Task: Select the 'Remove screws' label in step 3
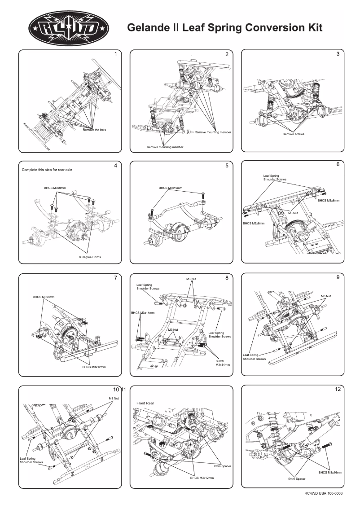294,134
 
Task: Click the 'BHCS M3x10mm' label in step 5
170,188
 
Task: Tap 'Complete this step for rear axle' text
47,170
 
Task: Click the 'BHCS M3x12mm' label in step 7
94,367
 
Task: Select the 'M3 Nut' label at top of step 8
191,279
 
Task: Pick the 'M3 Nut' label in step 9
326,296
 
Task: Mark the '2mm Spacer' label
223,466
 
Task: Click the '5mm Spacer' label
297,479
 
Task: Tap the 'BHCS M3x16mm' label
330,473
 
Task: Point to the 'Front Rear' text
145,404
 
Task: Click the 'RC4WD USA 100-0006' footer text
323,493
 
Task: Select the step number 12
338,389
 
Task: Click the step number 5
227,166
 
